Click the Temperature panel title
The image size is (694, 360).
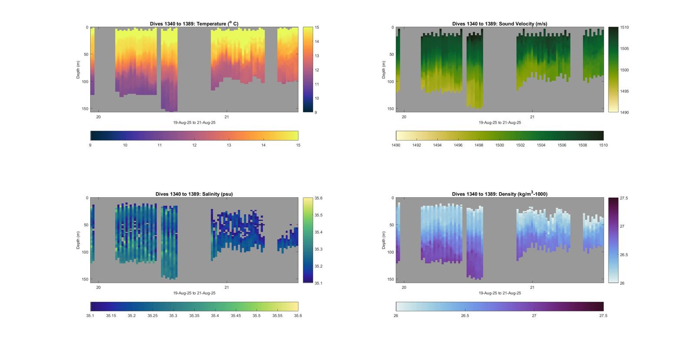[194, 24]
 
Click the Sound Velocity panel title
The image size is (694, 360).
[500, 24]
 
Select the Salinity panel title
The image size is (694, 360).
[194, 194]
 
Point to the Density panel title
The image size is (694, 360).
[500, 194]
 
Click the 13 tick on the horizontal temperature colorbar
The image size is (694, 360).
[229, 145]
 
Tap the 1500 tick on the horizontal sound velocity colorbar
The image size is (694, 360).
[500, 145]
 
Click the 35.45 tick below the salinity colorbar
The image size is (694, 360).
[236, 316]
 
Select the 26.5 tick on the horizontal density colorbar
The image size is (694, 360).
[465, 316]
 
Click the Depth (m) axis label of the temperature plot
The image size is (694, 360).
[79, 69]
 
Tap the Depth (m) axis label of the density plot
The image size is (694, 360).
[384, 240]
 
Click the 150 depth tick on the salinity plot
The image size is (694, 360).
[85, 279]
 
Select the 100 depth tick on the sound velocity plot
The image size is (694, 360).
[390, 82]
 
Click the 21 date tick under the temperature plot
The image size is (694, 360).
[226, 117]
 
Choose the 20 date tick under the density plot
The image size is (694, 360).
[404, 288]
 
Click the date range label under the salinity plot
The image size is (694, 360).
[194, 293]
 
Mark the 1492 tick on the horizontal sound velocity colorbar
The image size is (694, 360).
[416, 145]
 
